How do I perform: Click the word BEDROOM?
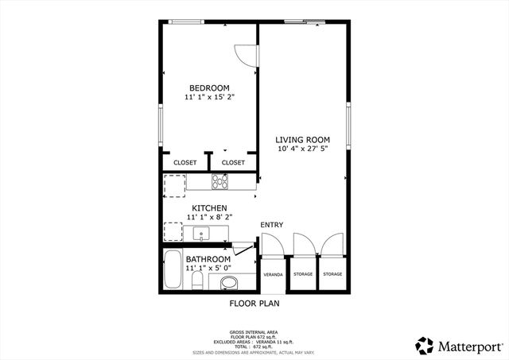[209, 87]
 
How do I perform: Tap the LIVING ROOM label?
[302, 140]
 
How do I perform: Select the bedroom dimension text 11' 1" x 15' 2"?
[209, 97]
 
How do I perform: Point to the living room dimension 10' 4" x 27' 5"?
[302, 149]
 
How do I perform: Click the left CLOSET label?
[185, 162]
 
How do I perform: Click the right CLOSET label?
[233, 162]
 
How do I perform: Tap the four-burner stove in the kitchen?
[220, 182]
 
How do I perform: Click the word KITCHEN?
[209, 207]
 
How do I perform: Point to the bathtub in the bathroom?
[172, 272]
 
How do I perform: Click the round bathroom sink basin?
[228, 282]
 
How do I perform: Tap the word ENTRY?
[271, 225]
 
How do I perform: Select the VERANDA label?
[273, 274]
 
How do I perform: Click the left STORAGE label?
[302, 274]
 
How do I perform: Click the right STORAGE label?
[332, 274]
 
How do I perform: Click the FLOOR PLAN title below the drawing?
[254, 303]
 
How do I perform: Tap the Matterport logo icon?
[424, 345]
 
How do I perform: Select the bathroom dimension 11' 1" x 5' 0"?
[209, 269]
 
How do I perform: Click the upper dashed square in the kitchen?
[174, 184]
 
